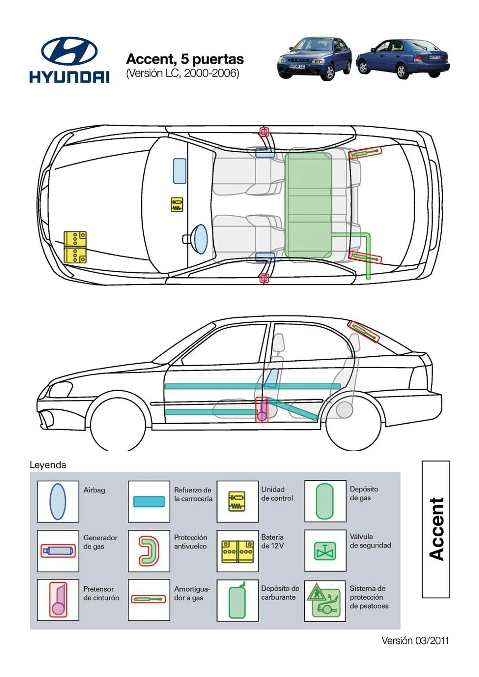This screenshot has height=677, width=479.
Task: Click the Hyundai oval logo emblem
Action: click(69, 51)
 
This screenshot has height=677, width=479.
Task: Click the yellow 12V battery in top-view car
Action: click(75, 247)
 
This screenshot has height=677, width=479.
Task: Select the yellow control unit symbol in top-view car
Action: click(177, 205)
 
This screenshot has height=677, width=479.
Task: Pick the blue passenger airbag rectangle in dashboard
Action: click(180, 171)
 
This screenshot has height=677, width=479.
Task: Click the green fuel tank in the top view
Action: click(308, 205)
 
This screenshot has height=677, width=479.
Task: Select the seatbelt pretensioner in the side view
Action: click(262, 410)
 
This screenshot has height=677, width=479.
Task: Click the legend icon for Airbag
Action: click(58, 501)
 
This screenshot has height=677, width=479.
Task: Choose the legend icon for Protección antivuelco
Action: click(149, 551)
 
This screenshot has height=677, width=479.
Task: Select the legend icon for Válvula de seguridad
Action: click(325, 551)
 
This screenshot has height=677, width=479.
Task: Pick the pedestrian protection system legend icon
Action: click(325, 600)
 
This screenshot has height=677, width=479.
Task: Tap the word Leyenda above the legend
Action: click(48, 465)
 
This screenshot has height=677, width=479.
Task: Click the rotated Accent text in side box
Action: click(436, 529)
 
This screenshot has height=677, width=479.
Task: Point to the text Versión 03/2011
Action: click(415, 640)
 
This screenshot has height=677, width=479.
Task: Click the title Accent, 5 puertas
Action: click(185, 59)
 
